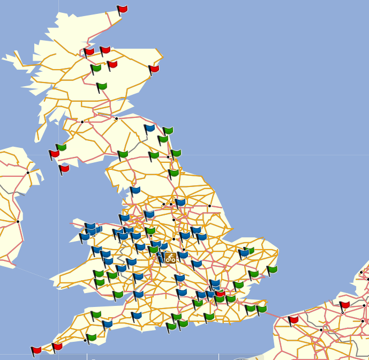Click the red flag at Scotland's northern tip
pyautogui.click(x=122, y=9)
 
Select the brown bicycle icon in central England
pyautogui.click(x=170, y=258)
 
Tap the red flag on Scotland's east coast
pyautogui.click(x=154, y=69)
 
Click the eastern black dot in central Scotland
pyautogui.click(x=116, y=118)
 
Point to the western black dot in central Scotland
pyautogui.click(x=82, y=122)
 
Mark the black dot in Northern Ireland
pyautogui.click(x=28, y=172)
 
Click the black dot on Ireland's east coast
pyautogui.click(x=18, y=221)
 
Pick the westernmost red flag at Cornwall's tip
pyautogui.click(x=36, y=351)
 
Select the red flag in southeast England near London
pyautogui.click(x=220, y=294)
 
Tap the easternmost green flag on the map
pyautogui.click(x=272, y=269)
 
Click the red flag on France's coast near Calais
pyautogui.click(x=293, y=320)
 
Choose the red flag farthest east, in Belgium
pyautogui.click(x=344, y=305)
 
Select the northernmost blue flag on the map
pyautogui.click(x=149, y=129)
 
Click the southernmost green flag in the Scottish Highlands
pyautogui.click(x=101, y=86)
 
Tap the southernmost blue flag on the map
pyautogui.click(x=107, y=324)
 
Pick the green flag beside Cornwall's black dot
pyautogui.click(x=92, y=337)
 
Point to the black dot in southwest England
pyautogui.click(x=85, y=340)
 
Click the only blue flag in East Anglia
pyautogui.click(x=244, y=252)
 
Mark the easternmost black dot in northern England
pyautogui.click(x=209, y=206)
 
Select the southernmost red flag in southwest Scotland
pyautogui.click(x=64, y=169)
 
